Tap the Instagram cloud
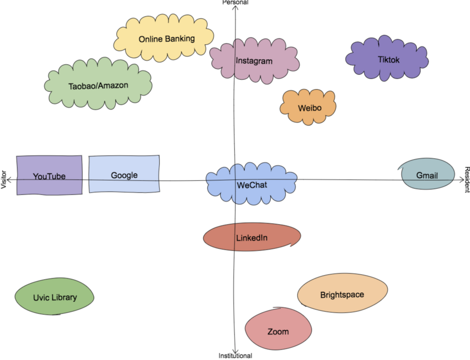pos(254,61)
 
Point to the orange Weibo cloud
pos(308,108)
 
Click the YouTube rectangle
pos(49,175)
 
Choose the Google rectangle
pos(124,174)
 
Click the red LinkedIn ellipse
pos(252,237)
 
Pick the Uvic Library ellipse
pos(55,297)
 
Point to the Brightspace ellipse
pos(342,294)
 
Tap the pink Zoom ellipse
pos(278,331)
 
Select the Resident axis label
pos(466,179)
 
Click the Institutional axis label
pos(235,356)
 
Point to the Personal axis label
pos(235,2)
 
